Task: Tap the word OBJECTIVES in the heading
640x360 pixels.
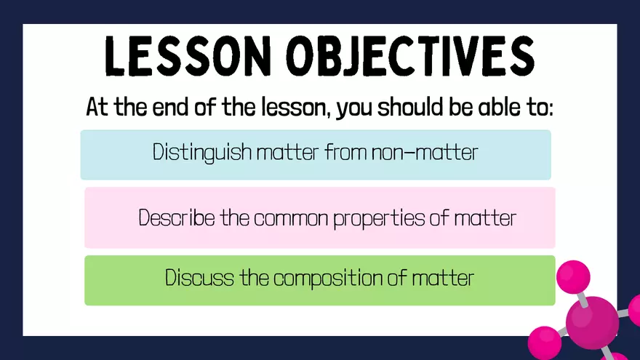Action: (x=410, y=56)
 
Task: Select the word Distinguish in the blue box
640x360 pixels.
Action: (x=202, y=153)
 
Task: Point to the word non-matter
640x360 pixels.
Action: (x=425, y=153)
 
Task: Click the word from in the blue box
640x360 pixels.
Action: (x=345, y=152)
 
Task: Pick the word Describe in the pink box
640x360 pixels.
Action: (x=176, y=217)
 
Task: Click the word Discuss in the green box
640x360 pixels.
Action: (x=199, y=278)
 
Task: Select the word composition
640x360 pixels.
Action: (x=328, y=279)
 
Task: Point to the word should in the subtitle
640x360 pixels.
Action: (x=409, y=108)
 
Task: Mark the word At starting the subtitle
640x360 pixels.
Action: (x=97, y=108)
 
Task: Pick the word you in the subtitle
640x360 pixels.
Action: (x=354, y=109)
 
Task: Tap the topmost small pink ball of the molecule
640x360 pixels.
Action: (x=573, y=277)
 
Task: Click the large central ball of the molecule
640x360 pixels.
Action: (x=592, y=323)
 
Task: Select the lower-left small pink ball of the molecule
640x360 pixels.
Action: (x=545, y=343)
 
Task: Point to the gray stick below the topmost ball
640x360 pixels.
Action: (x=583, y=300)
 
